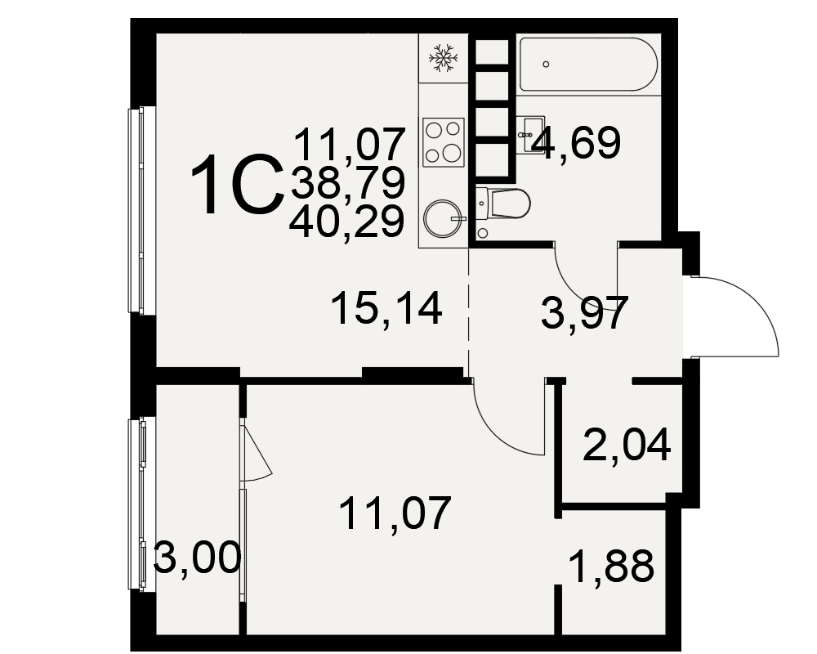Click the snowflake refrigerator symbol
[443, 57]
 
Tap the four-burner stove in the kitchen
[444, 141]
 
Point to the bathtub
[588, 64]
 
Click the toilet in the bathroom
[502, 203]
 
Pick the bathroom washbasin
[530, 134]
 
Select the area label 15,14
[386, 308]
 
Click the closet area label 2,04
[627, 446]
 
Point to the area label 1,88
[611, 567]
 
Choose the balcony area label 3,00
[197, 558]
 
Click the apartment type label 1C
[237, 185]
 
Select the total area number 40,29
[346, 221]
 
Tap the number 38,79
[347, 182]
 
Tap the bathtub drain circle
[546, 64]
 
